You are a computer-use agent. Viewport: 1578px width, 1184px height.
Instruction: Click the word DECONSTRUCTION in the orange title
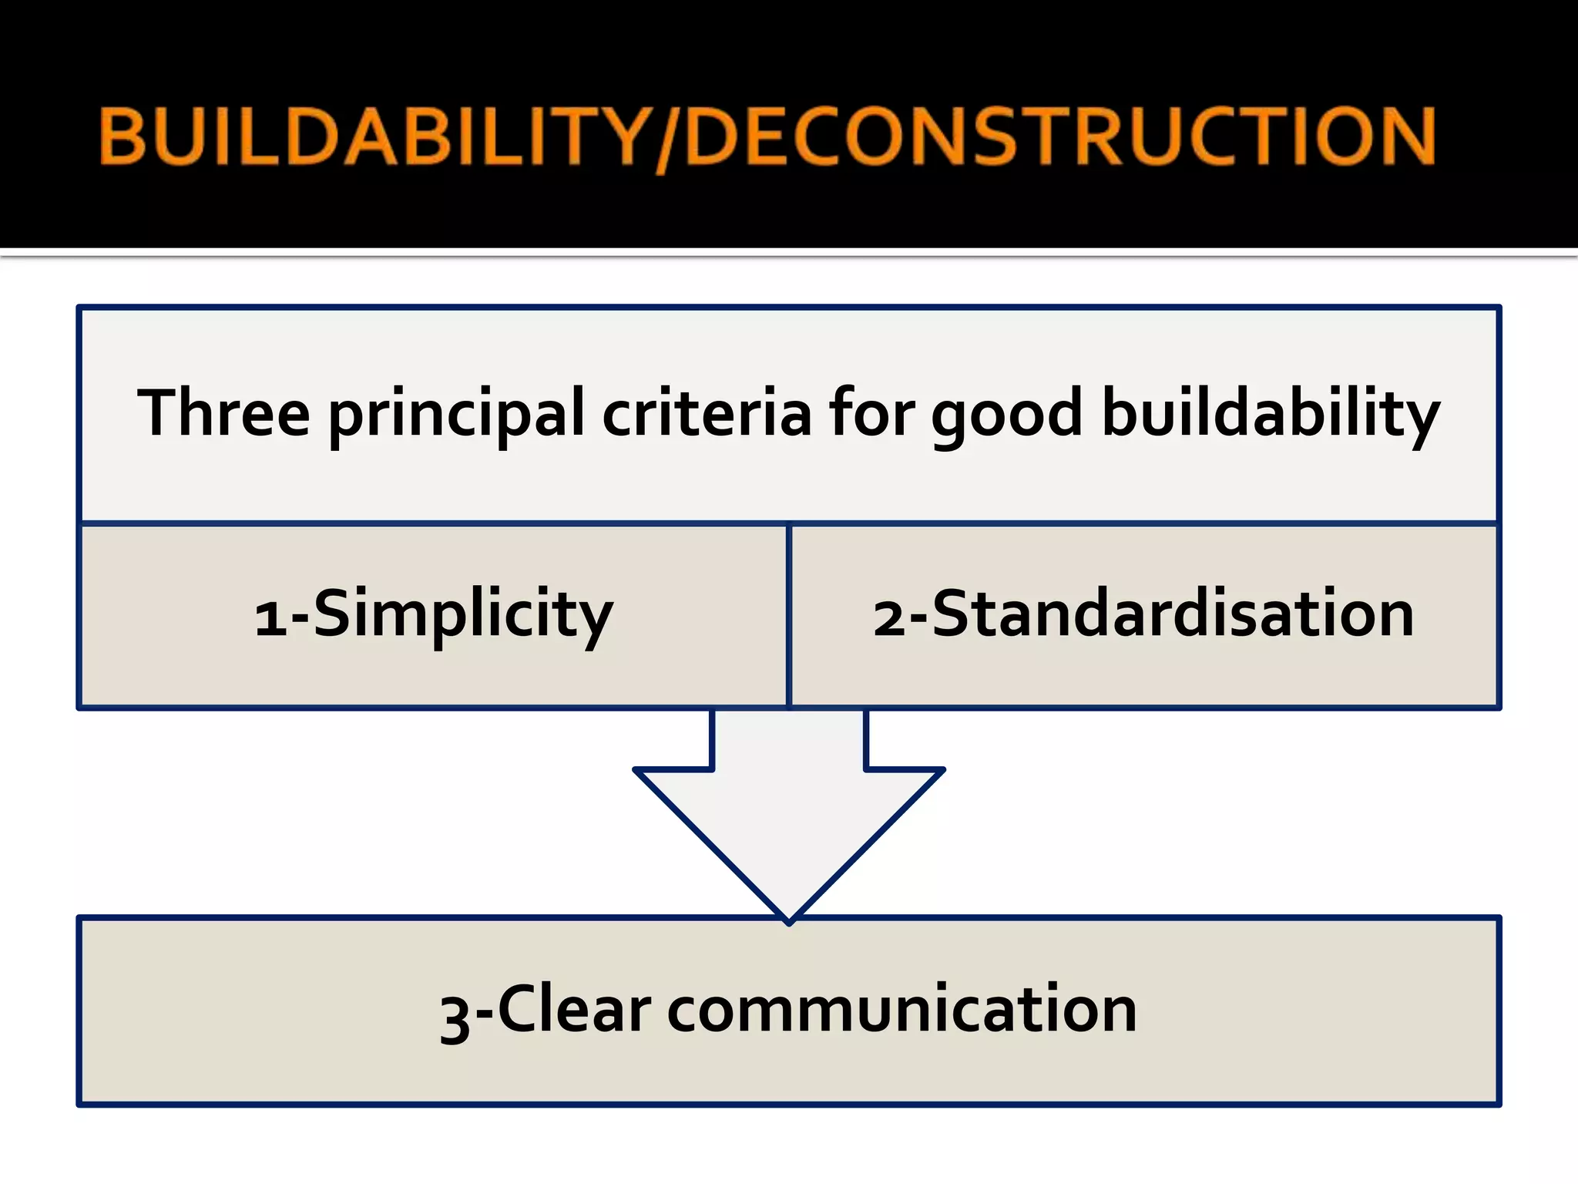click(1059, 136)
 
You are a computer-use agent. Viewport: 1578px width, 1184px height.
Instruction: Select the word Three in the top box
click(223, 414)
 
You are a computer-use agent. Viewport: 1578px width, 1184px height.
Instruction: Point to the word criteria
click(707, 414)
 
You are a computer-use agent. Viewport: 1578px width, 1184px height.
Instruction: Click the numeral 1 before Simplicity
click(270, 619)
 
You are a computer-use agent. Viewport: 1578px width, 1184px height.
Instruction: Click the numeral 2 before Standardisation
click(890, 619)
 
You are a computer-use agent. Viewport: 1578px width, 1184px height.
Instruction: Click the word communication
click(901, 1011)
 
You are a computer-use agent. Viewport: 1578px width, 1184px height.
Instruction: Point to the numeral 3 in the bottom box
click(455, 1017)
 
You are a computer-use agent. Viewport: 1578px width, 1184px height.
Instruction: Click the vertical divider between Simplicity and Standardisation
click(789, 615)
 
